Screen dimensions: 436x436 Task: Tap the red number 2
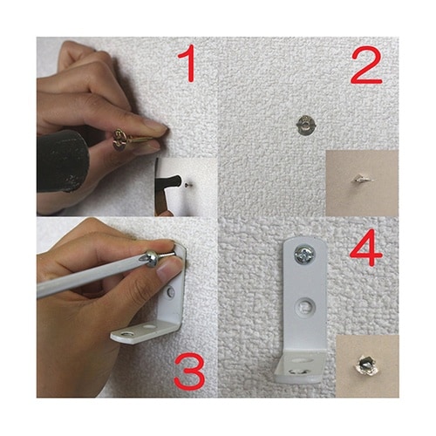tap(366, 65)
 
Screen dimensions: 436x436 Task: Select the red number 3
tap(189, 371)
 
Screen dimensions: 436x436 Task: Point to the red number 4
tap(366, 249)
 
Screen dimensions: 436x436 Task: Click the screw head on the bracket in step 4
tap(304, 255)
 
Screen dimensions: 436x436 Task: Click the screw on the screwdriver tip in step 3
tap(158, 257)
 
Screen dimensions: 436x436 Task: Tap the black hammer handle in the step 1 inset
tap(169, 182)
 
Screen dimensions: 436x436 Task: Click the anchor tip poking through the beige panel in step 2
tap(360, 179)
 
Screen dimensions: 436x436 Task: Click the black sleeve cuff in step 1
tap(62, 161)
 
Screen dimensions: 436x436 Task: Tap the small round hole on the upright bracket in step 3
tap(171, 292)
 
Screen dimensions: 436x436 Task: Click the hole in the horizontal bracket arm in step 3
tap(127, 334)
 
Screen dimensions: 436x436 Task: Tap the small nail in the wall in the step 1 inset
tap(187, 183)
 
